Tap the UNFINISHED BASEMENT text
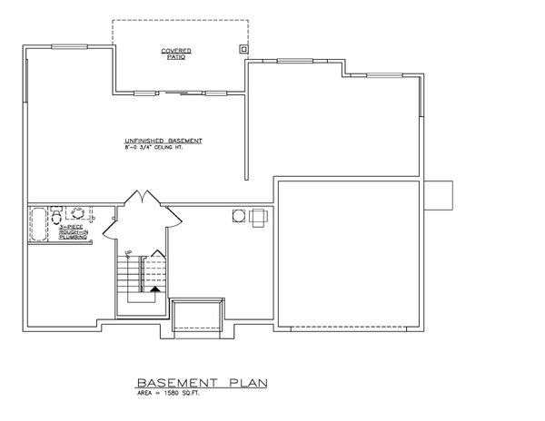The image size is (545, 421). click(x=163, y=142)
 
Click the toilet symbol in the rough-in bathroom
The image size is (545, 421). click(x=58, y=215)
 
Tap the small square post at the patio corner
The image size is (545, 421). click(x=243, y=48)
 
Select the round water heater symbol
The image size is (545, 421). click(x=240, y=214)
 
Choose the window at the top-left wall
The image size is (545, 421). click(x=67, y=45)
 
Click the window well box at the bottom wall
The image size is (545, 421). click(x=197, y=314)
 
